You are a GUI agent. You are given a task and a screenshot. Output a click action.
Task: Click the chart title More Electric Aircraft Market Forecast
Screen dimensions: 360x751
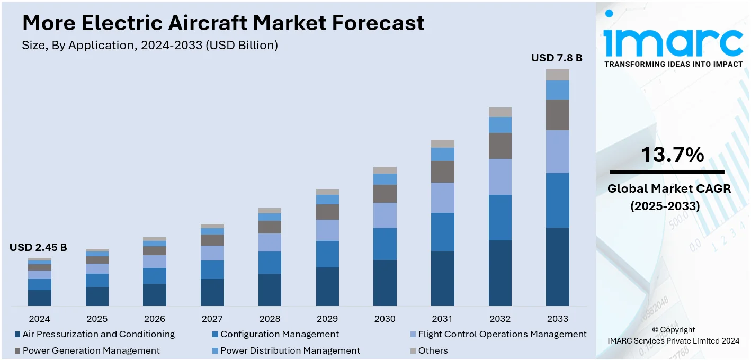pyautogui.click(x=223, y=23)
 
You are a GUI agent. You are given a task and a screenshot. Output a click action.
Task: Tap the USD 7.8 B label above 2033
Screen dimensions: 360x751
pyautogui.click(x=557, y=58)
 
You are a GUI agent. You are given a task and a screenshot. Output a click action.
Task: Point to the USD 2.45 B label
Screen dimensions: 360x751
pyautogui.click(x=38, y=247)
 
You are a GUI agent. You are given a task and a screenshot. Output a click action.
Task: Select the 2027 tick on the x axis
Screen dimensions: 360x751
pyautogui.click(x=212, y=319)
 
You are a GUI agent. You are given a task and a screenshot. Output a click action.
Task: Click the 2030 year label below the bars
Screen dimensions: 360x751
pyautogui.click(x=385, y=319)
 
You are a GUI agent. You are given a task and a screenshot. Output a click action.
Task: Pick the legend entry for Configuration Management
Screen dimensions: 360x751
pyautogui.click(x=280, y=334)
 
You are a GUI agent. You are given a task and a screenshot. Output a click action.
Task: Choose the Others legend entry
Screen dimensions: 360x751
pyautogui.click(x=433, y=350)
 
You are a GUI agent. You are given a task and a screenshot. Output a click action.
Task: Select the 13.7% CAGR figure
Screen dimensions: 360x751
pyautogui.click(x=672, y=155)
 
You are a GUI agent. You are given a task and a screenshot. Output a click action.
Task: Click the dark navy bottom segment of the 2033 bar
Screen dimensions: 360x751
pyautogui.click(x=558, y=266)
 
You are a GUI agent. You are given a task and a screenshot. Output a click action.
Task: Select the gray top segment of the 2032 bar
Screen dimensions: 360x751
pyautogui.click(x=500, y=112)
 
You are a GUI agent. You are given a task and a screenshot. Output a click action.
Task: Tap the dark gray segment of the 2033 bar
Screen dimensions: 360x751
pyautogui.click(x=558, y=115)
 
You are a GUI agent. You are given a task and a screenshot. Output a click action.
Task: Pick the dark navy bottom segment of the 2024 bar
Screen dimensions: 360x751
pyautogui.click(x=40, y=298)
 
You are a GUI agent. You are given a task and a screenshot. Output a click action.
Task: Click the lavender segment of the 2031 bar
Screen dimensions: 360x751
pyautogui.click(x=442, y=197)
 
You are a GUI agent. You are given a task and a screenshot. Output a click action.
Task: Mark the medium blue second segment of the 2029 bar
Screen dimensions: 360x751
pyautogui.click(x=327, y=254)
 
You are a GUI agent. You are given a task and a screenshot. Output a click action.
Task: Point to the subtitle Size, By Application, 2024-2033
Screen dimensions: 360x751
pyautogui.click(x=150, y=46)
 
